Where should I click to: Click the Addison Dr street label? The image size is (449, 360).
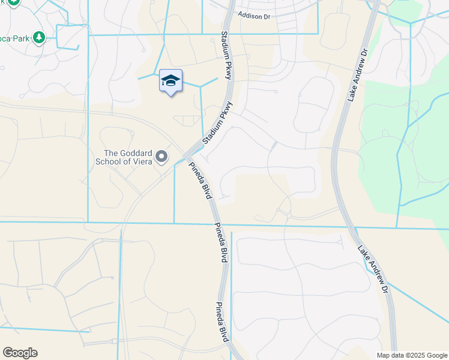[258, 16]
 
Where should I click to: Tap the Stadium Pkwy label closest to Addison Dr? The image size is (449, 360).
[226, 53]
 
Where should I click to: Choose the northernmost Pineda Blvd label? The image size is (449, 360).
[199, 181]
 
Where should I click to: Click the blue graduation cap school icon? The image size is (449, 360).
[170, 81]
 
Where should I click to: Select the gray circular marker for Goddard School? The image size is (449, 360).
[161, 157]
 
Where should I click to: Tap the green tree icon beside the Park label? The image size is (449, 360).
[39, 38]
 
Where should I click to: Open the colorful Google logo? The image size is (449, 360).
[20, 353]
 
